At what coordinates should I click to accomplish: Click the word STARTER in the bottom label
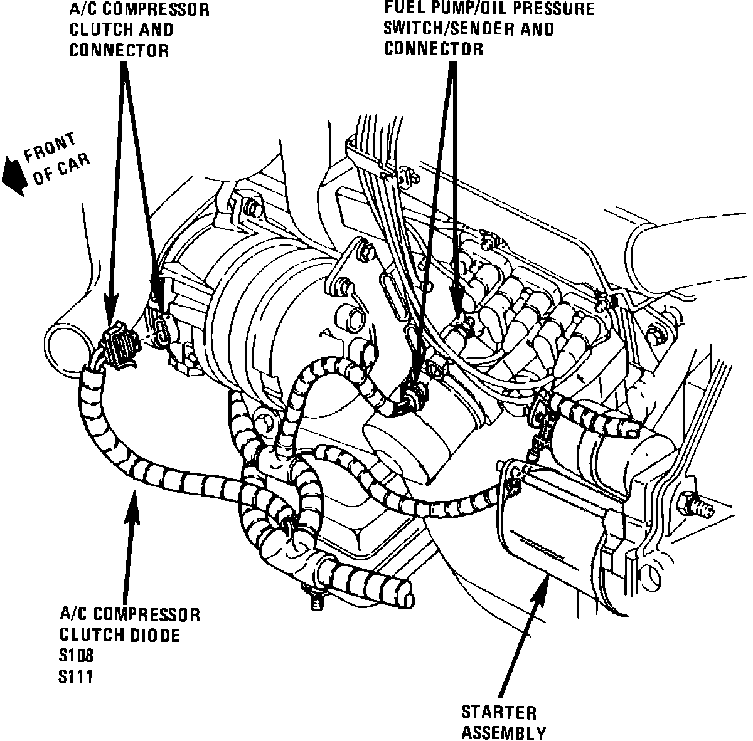click(499, 712)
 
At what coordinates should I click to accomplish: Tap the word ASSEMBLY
click(504, 732)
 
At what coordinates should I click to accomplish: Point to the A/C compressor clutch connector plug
click(119, 344)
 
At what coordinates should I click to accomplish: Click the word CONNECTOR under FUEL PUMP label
click(434, 48)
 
